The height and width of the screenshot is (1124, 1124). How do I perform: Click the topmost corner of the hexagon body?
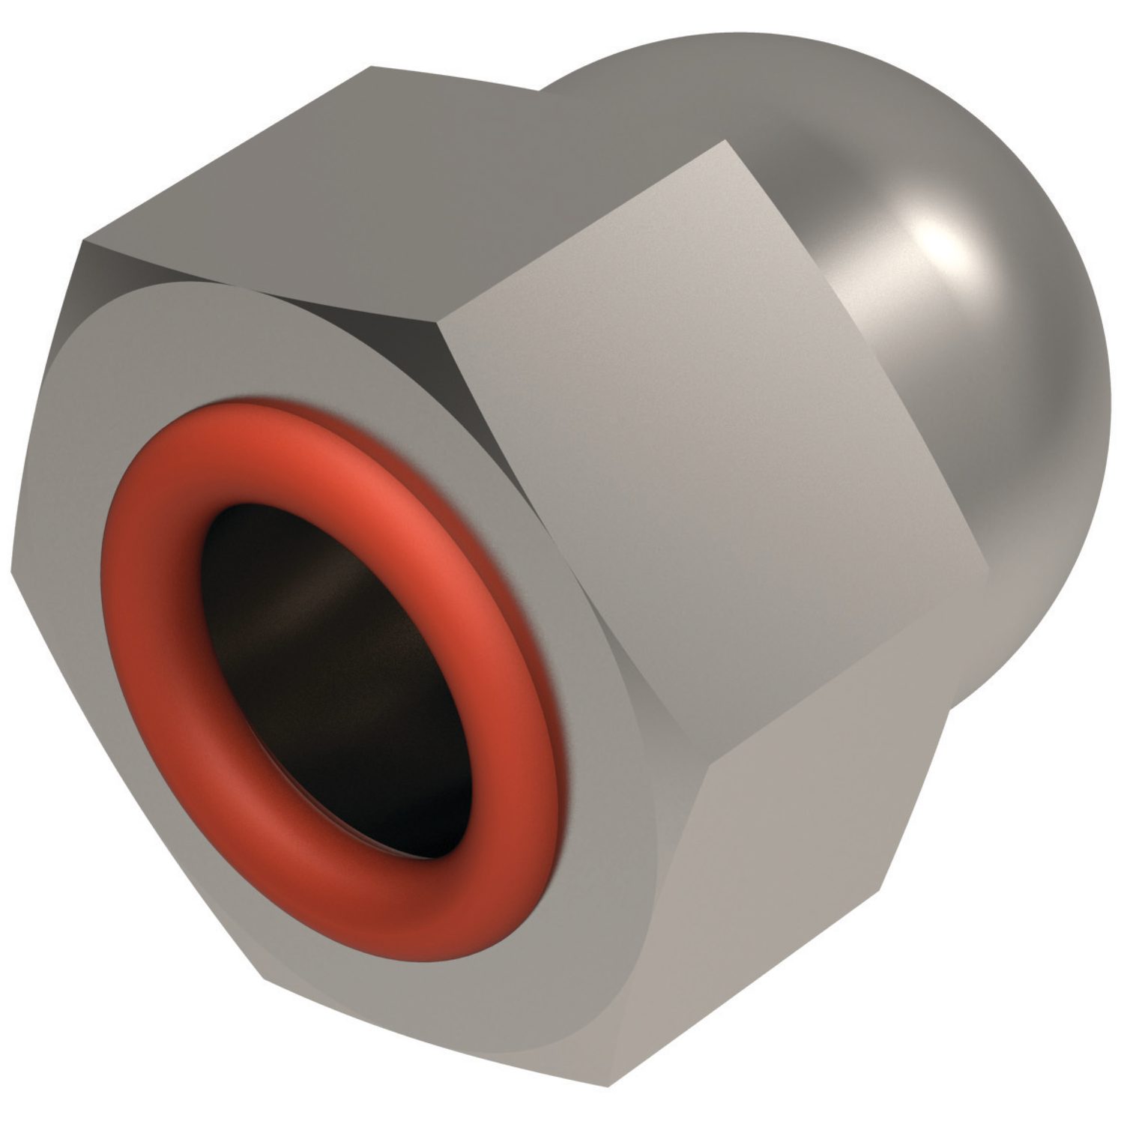point(371,67)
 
